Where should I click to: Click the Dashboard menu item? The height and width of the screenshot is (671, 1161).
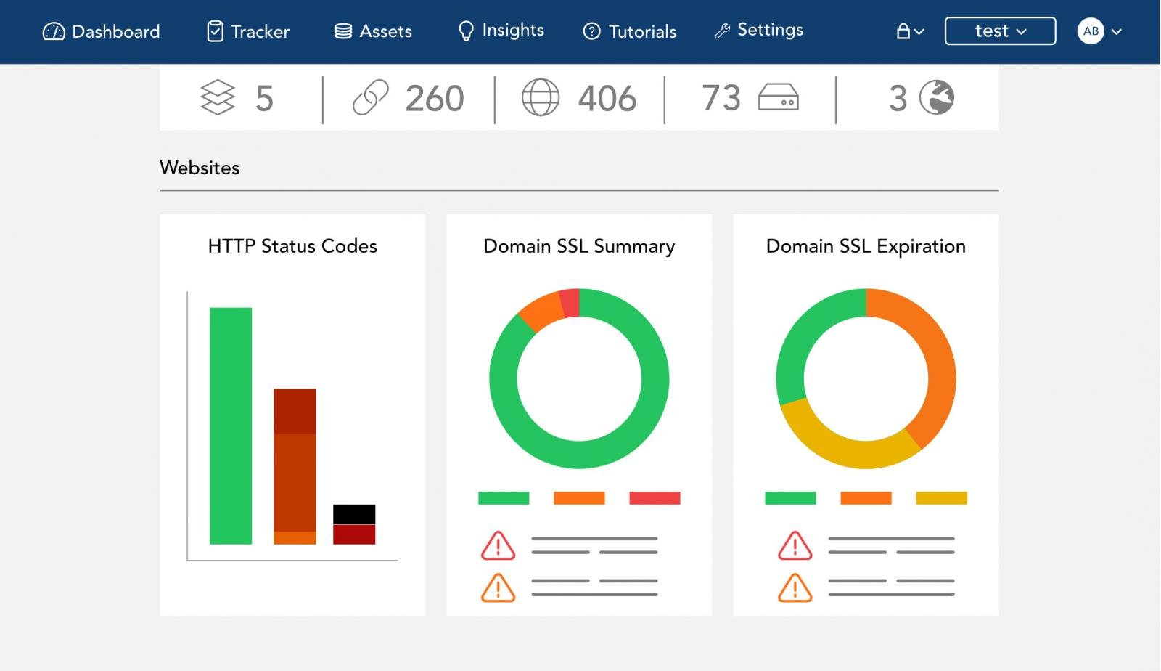[x=102, y=31]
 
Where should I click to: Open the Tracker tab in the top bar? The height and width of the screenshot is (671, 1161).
[x=248, y=31]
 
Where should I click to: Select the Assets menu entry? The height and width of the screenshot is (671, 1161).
[x=373, y=31]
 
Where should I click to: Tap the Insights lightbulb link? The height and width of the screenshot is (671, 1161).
[x=501, y=30]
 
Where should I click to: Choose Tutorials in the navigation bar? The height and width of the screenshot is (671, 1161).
[x=630, y=31]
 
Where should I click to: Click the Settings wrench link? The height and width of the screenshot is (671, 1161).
[x=759, y=30]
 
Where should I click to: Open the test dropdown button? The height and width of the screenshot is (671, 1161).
[x=1000, y=31]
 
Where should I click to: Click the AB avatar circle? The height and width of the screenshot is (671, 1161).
[x=1091, y=31]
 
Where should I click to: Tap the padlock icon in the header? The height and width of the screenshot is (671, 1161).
[x=903, y=31]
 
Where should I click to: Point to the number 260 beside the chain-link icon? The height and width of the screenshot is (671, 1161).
[x=434, y=98]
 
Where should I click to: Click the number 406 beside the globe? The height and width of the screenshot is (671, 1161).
[x=607, y=98]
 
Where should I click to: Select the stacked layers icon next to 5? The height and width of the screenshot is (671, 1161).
[x=218, y=97]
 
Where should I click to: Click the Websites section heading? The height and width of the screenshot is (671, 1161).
[x=200, y=168]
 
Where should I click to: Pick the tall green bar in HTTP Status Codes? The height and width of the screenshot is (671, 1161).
[x=231, y=426]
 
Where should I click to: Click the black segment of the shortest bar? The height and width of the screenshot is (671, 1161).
[x=354, y=513]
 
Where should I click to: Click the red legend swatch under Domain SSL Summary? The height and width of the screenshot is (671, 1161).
[x=655, y=498]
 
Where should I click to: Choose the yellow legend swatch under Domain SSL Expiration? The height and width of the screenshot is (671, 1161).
[x=941, y=498]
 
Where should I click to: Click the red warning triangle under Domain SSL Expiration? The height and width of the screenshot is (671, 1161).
[x=795, y=546]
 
